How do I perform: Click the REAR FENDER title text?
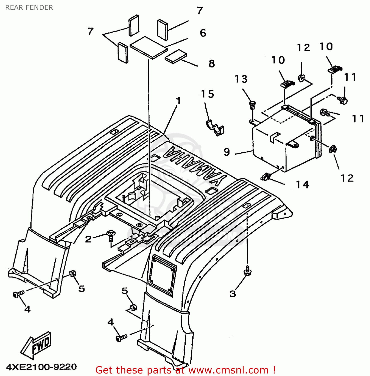click(x=29, y=8)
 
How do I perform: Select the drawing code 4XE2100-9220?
click(x=41, y=367)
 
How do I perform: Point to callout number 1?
click(x=178, y=101)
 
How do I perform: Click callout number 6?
click(x=203, y=33)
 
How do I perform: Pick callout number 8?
click(x=212, y=64)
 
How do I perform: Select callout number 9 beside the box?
click(x=227, y=152)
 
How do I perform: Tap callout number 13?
click(x=241, y=79)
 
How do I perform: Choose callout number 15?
click(x=207, y=94)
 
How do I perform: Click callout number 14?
click(x=302, y=185)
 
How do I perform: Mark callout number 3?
click(x=233, y=294)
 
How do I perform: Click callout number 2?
click(x=88, y=239)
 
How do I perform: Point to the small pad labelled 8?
click(x=176, y=57)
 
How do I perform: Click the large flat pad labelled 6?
click(x=149, y=48)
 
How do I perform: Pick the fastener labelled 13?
click(x=253, y=105)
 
